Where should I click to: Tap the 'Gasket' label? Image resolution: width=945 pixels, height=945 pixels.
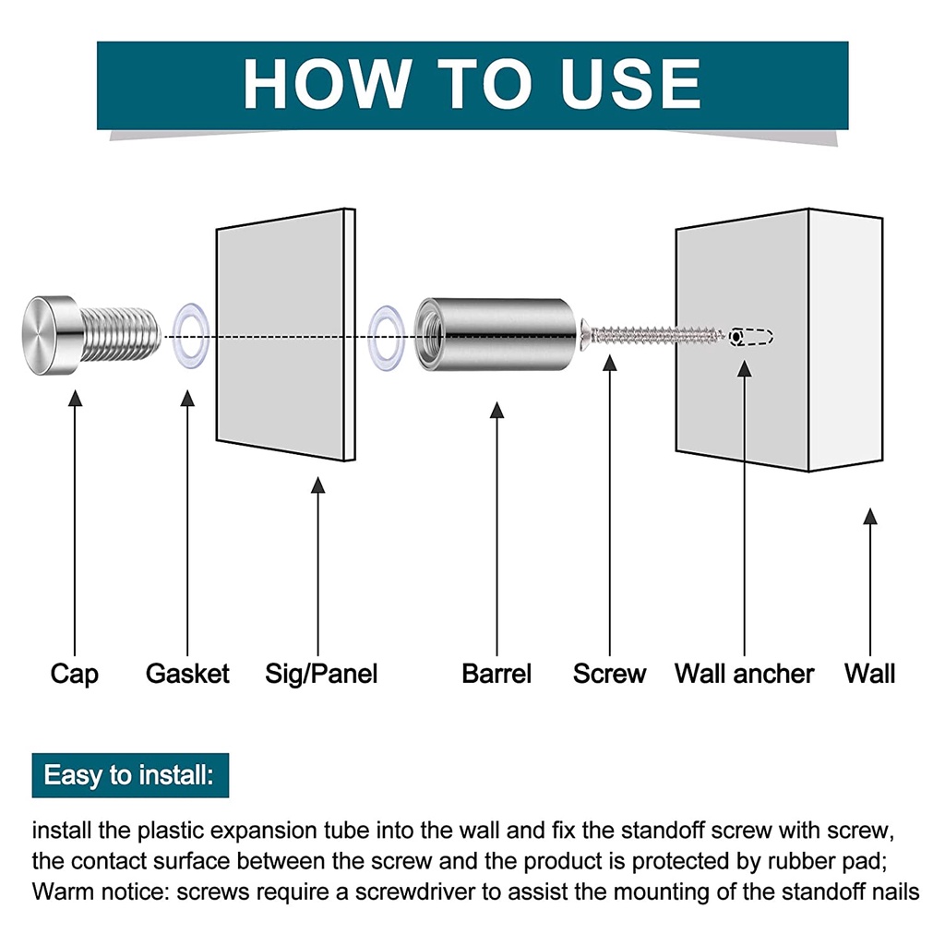coord(187,673)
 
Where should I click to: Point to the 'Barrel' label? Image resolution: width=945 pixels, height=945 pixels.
coord(496,673)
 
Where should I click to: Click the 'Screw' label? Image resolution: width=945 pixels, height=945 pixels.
coord(609,673)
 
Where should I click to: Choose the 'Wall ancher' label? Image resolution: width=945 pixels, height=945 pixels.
coord(745,673)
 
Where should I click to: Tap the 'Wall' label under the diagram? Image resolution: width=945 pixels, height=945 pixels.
coord(869,673)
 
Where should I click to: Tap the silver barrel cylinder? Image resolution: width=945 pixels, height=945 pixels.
coord(496,334)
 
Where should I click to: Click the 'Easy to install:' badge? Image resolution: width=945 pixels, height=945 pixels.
coord(130,775)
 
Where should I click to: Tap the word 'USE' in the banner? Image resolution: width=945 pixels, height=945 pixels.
coord(629,83)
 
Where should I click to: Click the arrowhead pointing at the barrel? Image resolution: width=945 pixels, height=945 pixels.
coord(496,411)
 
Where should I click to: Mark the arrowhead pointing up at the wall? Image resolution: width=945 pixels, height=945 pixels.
coord(869,517)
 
